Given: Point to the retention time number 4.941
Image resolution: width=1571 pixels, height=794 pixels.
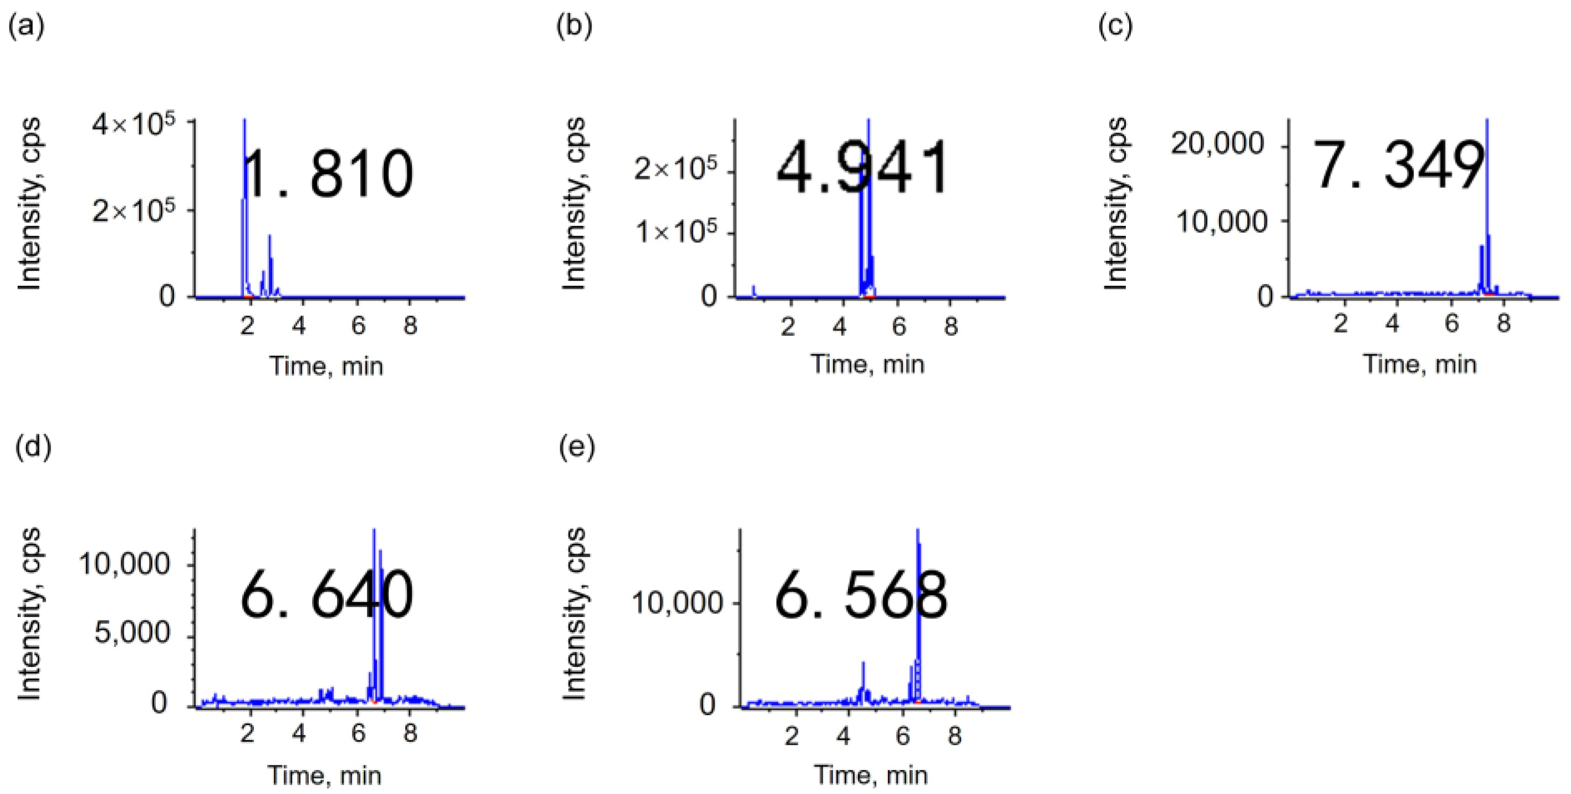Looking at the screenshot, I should pyautogui.click(x=863, y=167).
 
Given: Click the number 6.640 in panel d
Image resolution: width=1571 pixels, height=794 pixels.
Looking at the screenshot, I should pyautogui.click(x=327, y=594).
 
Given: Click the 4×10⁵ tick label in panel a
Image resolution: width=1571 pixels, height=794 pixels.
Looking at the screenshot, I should pyautogui.click(x=134, y=124).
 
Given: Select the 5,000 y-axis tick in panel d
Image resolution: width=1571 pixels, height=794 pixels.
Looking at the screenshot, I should pyautogui.click(x=132, y=633).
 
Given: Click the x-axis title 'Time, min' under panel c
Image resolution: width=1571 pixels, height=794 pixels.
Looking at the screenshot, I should pyautogui.click(x=1420, y=365).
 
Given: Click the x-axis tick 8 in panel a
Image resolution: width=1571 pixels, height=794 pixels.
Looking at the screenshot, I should pyautogui.click(x=410, y=325).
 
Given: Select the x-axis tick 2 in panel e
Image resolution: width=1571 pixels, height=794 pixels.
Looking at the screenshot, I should pyautogui.click(x=791, y=736).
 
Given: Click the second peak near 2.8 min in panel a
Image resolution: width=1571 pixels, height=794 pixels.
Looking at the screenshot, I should pyautogui.click(x=269, y=256).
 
